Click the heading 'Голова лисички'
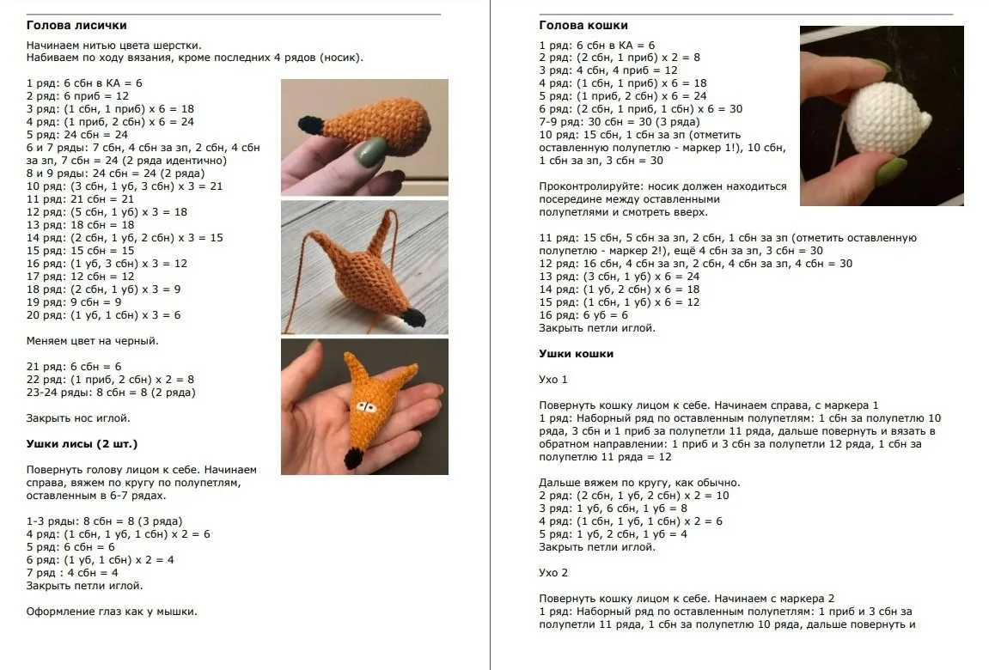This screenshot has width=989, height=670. click(x=76, y=25)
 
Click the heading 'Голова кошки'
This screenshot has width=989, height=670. click(x=583, y=25)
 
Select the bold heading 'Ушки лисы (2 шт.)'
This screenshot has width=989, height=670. click(x=82, y=444)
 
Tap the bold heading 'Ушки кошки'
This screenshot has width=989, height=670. click(x=577, y=354)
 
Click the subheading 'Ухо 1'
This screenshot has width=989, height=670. click(x=553, y=380)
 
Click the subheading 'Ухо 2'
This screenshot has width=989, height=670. click(x=553, y=573)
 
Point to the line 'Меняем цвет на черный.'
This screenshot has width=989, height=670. click(x=93, y=341)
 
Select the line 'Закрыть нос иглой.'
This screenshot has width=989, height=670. click(x=78, y=417)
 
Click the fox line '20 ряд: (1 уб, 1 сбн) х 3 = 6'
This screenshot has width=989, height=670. click(x=103, y=315)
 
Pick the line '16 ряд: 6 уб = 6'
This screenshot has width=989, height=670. click(x=583, y=315)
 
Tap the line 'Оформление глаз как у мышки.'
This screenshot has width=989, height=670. click(x=112, y=612)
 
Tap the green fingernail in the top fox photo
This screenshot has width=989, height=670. click(x=372, y=152)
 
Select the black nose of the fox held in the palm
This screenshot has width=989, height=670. click(x=353, y=458)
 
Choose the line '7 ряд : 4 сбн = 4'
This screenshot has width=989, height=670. click(x=72, y=573)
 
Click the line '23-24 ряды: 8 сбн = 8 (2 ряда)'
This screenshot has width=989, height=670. click(x=111, y=392)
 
